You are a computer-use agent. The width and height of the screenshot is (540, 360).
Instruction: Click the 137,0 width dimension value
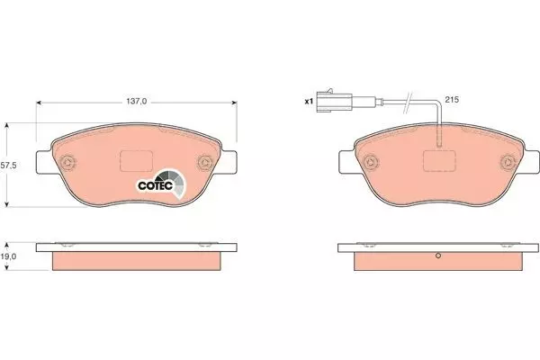(137, 102)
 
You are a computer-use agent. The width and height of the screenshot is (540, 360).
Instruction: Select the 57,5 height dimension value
(9, 166)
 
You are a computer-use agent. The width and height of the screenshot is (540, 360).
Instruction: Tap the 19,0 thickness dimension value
(9, 256)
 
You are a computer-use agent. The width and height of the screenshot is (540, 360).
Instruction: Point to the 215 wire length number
(452, 100)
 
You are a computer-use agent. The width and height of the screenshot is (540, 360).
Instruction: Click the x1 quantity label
(309, 102)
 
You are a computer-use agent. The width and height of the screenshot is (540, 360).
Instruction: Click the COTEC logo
(161, 184)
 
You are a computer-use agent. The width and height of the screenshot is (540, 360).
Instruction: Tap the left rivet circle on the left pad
(67, 162)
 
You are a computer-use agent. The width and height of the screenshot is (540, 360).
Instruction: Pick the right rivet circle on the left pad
(205, 162)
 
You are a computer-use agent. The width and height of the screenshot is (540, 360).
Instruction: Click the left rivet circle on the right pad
(371, 162)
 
